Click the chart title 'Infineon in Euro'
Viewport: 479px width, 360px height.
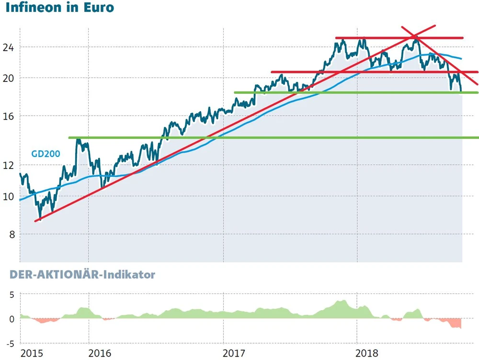point(60,8)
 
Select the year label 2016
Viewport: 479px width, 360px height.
point(100,354)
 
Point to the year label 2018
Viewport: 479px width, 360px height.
point(368,354)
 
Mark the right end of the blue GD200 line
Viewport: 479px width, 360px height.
point(461,59)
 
